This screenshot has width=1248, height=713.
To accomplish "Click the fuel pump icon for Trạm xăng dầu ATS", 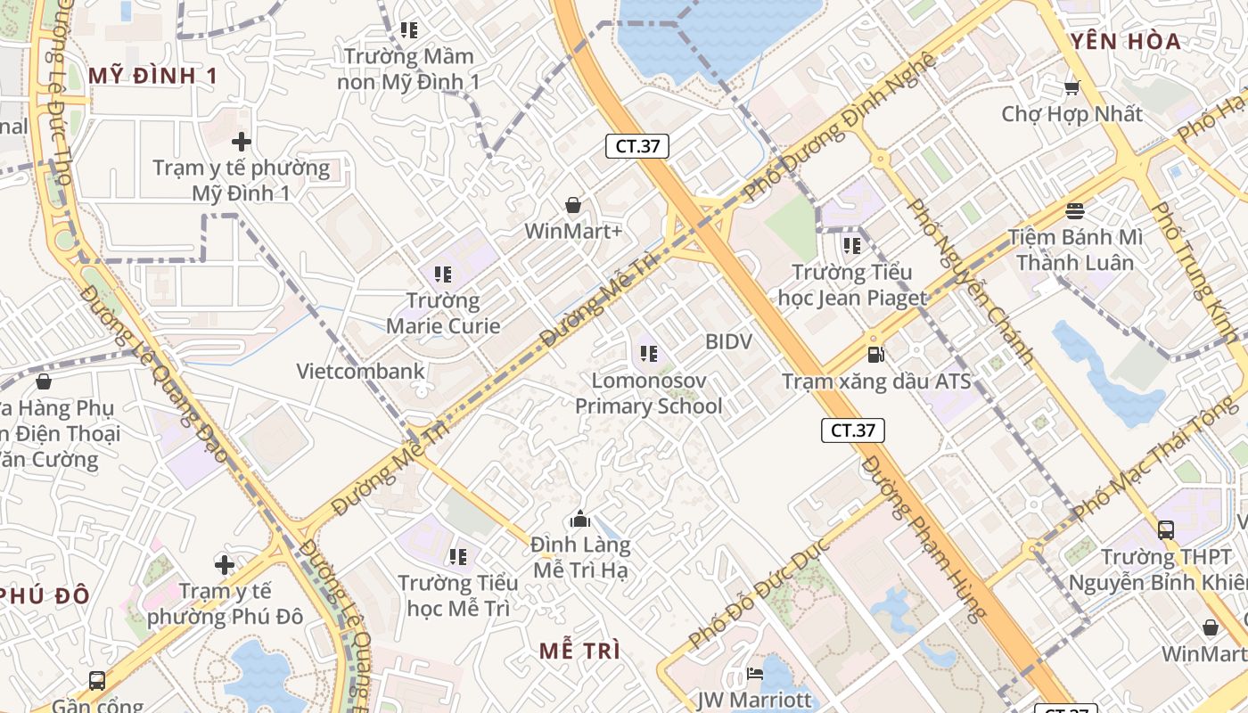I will click(x=876, y=355).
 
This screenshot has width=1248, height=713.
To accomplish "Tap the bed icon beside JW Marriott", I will click(x=755, y=674).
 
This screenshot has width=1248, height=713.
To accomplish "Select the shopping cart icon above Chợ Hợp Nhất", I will click(x=1071, y=87).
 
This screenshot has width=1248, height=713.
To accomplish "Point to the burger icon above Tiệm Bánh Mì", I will click(x=1075, y=211).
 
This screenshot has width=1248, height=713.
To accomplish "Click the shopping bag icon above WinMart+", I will click(x=573, y=205).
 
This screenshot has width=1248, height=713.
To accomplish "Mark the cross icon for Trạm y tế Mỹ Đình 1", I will click(x=241, y=141).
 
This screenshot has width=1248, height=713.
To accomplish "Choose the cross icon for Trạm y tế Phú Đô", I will click(x=225, y=564).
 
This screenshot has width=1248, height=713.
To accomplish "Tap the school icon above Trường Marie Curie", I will click(x=443, y=275).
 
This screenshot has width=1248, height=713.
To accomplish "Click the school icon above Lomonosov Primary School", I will click(x=649, y=354).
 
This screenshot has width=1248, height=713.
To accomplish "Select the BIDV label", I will click(x=728, y=341).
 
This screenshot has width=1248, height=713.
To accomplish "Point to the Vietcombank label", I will click(x=360, y=371).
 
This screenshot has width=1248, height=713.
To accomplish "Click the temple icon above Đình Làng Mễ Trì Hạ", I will click(x=580, y=519).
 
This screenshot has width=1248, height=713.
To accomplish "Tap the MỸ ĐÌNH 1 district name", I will click(x=153, y=76).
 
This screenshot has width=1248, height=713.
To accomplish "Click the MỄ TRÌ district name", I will click(x=579, y=651).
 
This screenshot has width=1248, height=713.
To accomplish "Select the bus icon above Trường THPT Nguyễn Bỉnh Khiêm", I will click(x=1165, y=529).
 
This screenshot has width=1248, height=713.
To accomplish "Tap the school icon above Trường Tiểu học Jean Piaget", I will click(x=851, y=245).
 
